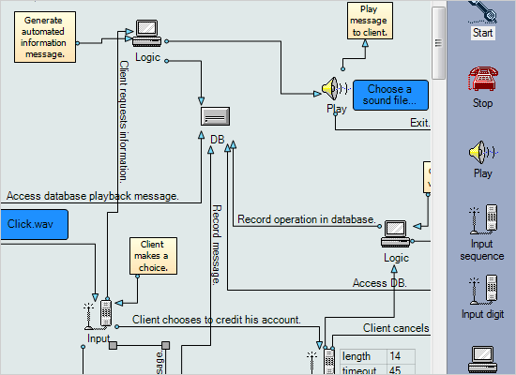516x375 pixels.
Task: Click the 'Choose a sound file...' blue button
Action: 390,95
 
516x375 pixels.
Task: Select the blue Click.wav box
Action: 34,224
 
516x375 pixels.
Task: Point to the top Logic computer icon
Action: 147,34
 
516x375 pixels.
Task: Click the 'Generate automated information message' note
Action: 45,37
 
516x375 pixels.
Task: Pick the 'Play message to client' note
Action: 369,21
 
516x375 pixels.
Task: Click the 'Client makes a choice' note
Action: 153,256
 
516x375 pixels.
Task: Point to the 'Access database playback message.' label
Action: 92,196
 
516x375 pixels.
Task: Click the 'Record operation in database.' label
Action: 306,219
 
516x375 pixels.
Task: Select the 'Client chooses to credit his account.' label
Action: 216,320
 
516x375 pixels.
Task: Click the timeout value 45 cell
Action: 396,369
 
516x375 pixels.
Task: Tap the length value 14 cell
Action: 396,355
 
